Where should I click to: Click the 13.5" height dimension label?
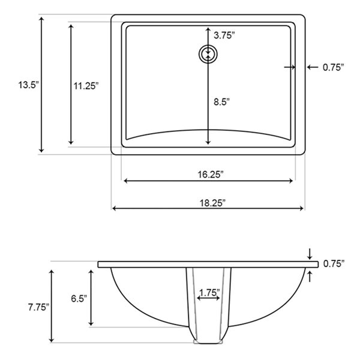click(28, 85)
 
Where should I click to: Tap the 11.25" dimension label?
click(86, 86)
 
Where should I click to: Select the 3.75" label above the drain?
click(224, 35)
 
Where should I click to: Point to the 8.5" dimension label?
click(221, 102)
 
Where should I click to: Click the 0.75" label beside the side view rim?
click(334, 263)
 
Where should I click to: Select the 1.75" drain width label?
click(209, 293)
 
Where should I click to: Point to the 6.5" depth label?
click(79, 298)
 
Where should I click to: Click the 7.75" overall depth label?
click(38, 307)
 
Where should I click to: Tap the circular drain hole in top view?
click(208, 54)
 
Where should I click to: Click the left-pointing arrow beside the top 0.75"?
click(311, 67)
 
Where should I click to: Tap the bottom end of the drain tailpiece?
click(209, 344)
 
